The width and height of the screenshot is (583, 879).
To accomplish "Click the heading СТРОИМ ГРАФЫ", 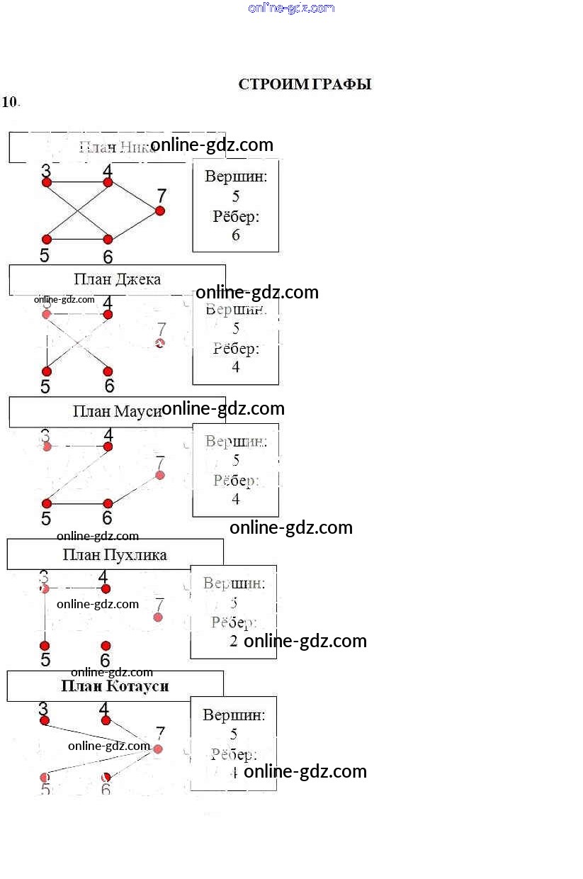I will [x=305, y=84].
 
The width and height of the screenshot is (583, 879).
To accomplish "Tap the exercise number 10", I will [x=10, y=101].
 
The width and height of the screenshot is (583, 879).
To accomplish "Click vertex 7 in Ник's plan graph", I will [x=160, y=211].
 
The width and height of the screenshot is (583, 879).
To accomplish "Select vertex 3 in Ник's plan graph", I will [x=47, y=182].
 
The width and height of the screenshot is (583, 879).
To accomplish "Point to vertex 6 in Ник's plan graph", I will [x=108, y=240].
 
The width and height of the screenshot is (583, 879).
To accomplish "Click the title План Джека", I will [x=117, y=279].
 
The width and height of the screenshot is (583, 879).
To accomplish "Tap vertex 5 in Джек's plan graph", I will [x=47, y=371].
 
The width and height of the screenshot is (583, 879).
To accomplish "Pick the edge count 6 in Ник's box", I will [x=236, y=235].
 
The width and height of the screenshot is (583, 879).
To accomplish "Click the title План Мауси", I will [x=117, y=412].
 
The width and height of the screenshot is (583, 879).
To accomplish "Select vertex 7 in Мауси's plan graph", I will [x=160, y=475].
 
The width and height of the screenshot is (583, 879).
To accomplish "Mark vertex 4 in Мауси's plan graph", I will [x=108, y=447].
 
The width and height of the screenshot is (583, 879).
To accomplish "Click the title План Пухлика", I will [x=115, y=554].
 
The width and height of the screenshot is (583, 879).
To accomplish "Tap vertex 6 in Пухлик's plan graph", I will [x=106, y=646].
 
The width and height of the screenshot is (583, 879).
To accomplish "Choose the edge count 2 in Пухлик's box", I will [x=234, y=641].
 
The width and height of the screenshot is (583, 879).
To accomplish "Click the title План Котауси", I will [x=115, y=686].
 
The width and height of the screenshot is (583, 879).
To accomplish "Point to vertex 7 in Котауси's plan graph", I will [x=158, y=749].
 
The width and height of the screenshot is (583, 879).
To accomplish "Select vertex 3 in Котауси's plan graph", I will [x=45, y=720].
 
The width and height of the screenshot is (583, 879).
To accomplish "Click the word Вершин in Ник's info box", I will [x=236, y=177].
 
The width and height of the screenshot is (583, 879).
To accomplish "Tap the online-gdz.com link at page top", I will [x=291, y=8].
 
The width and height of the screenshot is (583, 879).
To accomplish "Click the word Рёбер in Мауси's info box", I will [x=236, y=481].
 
